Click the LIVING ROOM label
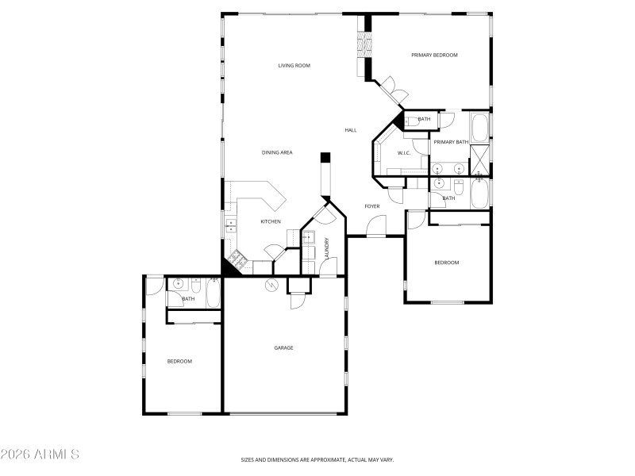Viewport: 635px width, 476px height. (294, 66)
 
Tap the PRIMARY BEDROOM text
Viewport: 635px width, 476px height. (434, 55)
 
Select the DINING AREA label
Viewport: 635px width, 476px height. (277, 152)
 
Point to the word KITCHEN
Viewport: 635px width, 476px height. (271, 221)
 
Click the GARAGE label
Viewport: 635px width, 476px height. (283, 347)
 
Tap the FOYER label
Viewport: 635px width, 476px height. (371, 206)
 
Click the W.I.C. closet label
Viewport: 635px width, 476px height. (403, 153)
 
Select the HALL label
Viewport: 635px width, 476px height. (351, 130)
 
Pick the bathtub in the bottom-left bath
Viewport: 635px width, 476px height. (212, 294)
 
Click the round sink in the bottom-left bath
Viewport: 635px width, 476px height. (179, 283)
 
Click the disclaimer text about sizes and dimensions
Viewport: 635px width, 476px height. (317, 459)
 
